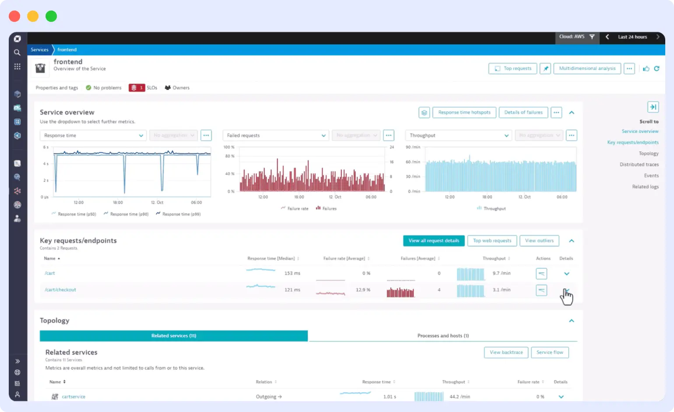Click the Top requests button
coord(513,69)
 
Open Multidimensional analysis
coord(587,69)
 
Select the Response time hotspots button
coord(464,113)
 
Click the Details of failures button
coord(523,113)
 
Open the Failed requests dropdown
coord(276,136)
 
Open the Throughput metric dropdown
coord(458,136)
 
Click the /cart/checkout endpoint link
coord(60,290)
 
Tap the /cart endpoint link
coord(50,273)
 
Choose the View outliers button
coord(539,241)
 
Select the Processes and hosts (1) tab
coord(443,336)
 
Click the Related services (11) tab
coord(174,336)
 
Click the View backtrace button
coord(506,352)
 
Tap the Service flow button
coord(550,352)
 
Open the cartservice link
coord(74,397)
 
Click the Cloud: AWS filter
coord(576,37)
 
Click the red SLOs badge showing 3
coord(137,88)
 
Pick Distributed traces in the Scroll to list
coord(639,165)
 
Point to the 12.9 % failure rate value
coord(363,290)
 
